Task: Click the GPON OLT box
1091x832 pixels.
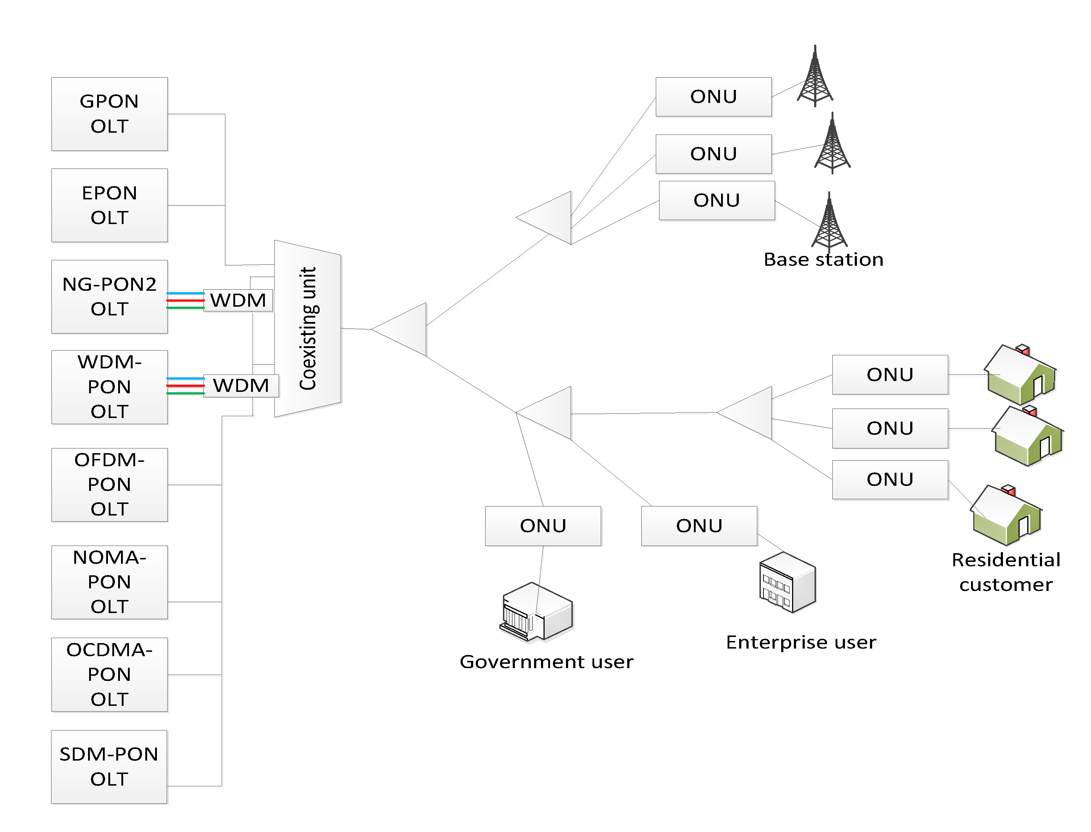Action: pos(109,114)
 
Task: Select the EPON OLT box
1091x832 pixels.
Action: pos(109,205)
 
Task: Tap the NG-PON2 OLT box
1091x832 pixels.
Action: pos(109,296)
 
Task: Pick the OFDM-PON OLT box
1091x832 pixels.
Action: pos(109,484)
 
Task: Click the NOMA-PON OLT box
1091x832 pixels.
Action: pos(109,582)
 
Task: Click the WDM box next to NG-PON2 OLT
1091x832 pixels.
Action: pos(238,300)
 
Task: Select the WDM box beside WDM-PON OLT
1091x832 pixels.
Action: pos(241,385)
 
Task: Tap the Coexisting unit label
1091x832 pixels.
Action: pos(308,328)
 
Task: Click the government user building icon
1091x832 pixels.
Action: pos(536,613)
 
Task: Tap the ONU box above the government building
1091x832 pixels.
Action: pos(543,525)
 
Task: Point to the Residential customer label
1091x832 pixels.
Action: pos(1005,572)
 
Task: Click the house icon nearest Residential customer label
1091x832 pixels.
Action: pos(1006,515)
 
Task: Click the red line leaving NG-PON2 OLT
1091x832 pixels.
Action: pos(185,300)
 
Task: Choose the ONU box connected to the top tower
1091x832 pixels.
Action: pos(713,96)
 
